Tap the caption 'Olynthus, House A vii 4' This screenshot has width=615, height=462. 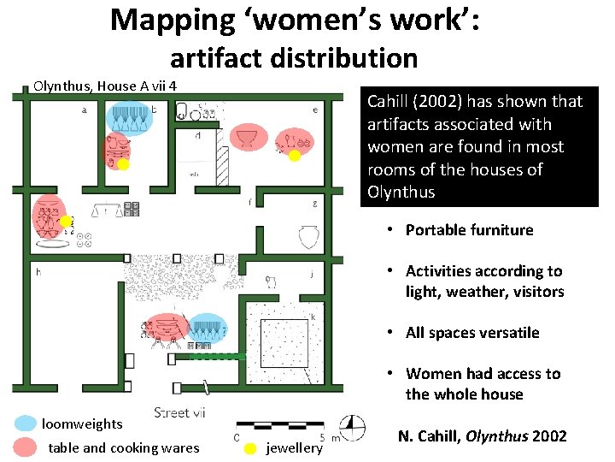point(104,86)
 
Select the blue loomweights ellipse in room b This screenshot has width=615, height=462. point(131,119)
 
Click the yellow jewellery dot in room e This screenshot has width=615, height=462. point(294,156)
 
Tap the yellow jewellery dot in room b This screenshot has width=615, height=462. point(123,165)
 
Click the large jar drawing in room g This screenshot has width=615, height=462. point(308,236)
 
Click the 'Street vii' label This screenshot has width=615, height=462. point(179,413)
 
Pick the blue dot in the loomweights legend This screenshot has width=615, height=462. point(26,423)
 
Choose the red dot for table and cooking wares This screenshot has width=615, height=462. point(26,447)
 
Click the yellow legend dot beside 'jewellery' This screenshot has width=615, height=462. point(250,448)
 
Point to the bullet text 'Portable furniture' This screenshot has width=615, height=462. point(469,230)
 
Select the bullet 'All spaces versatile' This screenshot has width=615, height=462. point(472,333)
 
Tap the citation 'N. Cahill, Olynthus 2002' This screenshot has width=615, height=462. point(482,436)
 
